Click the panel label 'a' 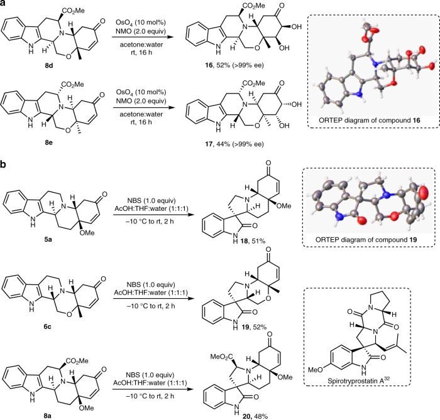(4, 5)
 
